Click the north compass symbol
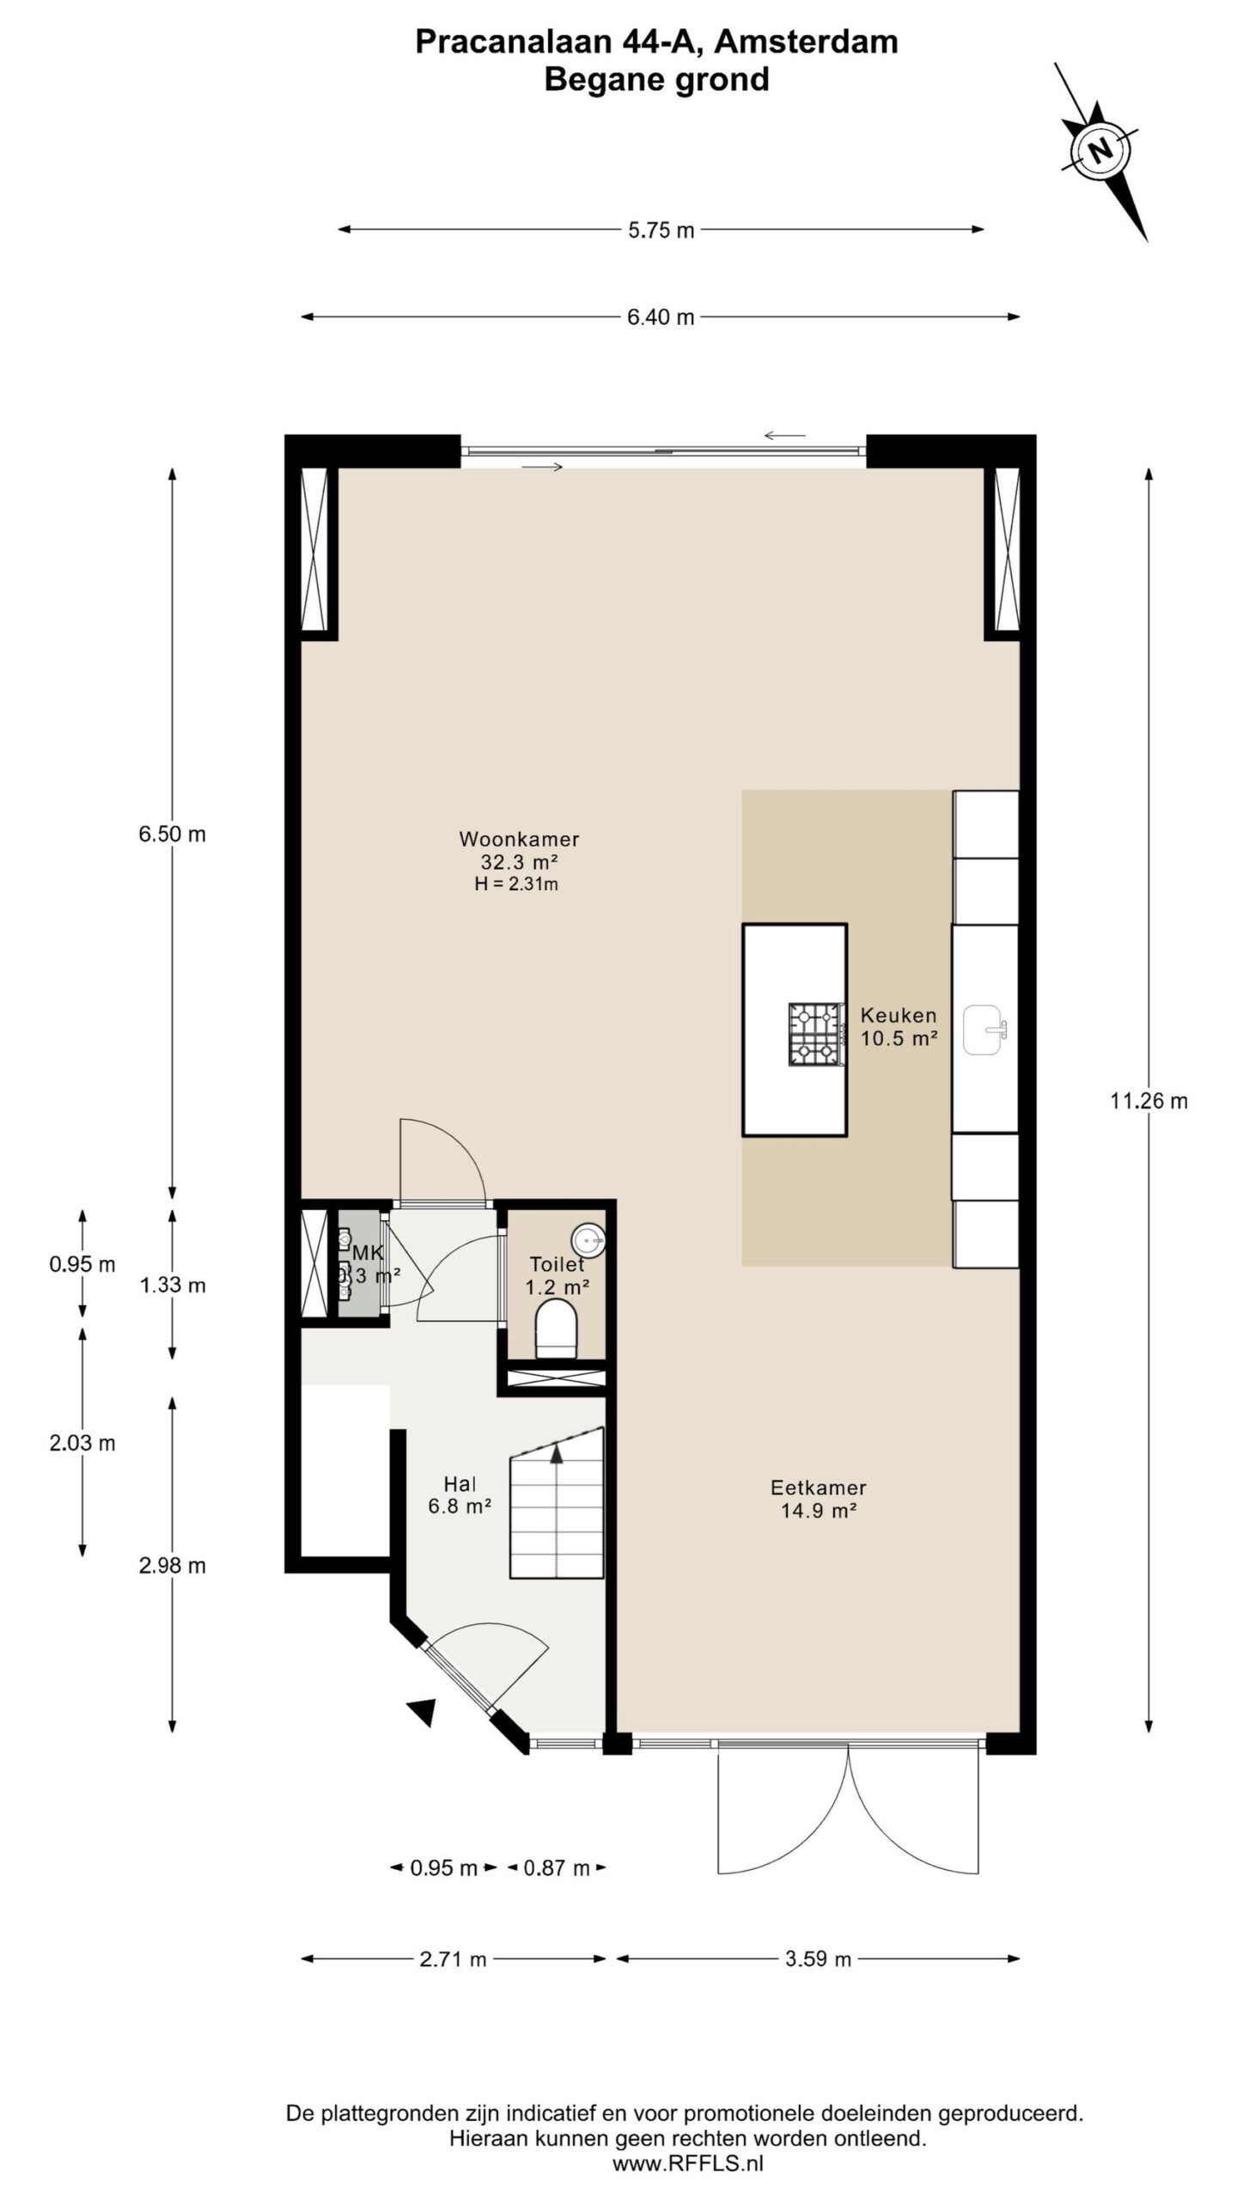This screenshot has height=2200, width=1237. (x=1100, y=151)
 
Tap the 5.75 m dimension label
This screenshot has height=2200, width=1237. (x=661, y=229)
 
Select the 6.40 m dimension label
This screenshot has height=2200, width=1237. (x=661, y=317)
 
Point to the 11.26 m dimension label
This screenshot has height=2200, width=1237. (x=1149, y=1101)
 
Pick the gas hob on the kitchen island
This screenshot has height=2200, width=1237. (x=813, y=1035)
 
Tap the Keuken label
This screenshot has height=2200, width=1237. (x=899, y=1015)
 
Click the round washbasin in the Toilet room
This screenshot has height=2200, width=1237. (x=588, y=1239)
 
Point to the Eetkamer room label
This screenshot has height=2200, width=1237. (x=818, y=1487)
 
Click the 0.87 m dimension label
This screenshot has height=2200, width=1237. (x=557, y=1867)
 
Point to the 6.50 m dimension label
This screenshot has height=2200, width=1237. (x=172, y=834)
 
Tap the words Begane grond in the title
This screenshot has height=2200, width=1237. (x=656, y=79)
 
